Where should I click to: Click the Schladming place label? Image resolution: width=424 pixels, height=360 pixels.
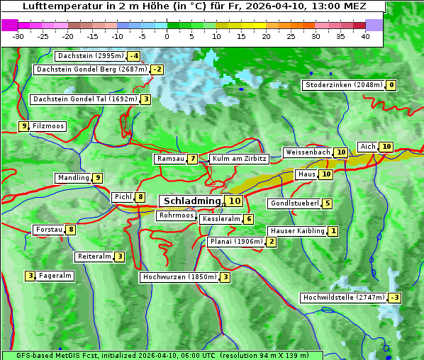192,201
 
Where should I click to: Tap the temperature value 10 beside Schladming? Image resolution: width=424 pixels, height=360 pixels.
235,201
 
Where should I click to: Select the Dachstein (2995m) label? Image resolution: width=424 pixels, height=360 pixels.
90,56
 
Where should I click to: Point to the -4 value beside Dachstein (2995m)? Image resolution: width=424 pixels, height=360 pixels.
133,56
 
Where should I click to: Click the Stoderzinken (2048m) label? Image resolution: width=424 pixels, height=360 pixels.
343,85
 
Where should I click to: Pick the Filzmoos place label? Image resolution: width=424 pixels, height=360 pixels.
48,126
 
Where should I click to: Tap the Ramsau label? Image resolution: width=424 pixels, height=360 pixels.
170,159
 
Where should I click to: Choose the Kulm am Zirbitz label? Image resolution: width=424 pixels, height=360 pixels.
239,159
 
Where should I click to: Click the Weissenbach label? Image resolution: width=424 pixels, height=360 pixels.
307,152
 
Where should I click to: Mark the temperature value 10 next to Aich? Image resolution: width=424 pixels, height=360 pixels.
386,147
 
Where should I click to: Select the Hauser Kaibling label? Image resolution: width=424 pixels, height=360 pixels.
297,231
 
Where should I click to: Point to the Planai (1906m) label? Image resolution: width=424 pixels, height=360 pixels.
236,242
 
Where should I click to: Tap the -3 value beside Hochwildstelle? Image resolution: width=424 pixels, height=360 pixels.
394,298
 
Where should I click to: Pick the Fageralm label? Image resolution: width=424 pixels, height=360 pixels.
55,276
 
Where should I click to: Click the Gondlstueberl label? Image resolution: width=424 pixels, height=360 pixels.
294,204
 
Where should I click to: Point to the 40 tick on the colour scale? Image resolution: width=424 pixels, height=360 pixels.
365,36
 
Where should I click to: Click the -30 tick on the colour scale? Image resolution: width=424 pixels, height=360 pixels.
18,36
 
